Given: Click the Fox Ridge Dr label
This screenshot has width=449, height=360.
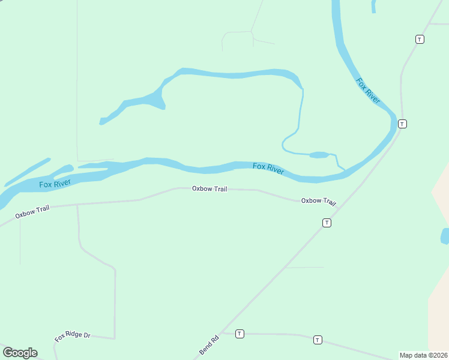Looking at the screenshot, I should [x=72, y=337].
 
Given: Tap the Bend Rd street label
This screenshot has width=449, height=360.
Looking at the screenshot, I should [x=209, y=344].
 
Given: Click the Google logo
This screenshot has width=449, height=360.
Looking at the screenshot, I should [x=20, y=353].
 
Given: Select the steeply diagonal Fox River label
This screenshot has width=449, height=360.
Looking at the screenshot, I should [x=368, y=91].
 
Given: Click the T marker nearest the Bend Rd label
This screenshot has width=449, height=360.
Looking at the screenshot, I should [x=240, y=334].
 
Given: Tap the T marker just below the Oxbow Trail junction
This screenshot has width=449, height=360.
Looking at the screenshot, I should [x=327, y=223].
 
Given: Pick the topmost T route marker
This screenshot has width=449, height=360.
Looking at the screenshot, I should [x=420, y=39].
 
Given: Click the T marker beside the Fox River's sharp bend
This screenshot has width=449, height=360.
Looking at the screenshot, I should [x=402, y=124].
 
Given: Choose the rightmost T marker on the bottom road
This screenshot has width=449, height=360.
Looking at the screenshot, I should [x=318, y=340].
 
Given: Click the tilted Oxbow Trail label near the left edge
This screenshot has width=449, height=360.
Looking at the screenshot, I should [x=32, y=210].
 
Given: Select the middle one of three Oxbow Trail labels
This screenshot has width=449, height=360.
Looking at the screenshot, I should [x=209, y=188].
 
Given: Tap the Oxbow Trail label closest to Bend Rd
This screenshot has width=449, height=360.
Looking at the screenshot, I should [x=318, y=201].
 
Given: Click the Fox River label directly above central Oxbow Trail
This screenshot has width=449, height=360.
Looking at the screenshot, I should [x=268, y=169].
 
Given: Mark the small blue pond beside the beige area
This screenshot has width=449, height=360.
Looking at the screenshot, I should [x=445, y=236].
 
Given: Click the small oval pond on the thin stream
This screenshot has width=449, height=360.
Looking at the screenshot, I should [x=319, y=155].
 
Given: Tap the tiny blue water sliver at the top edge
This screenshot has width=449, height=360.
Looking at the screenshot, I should [x=373, y=6].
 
